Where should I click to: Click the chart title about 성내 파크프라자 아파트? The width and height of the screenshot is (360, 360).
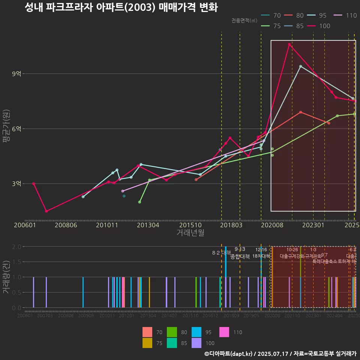coord(121,7)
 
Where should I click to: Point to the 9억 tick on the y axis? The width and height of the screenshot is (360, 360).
coord(16,74)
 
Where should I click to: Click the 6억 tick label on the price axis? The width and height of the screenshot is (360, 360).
coord(16,129)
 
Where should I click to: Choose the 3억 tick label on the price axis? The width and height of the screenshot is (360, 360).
coord(16,183)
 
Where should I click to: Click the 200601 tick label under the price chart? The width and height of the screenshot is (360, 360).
coord(25,225)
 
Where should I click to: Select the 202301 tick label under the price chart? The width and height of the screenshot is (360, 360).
coord(313,225)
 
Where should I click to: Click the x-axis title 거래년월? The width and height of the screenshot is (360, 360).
coord(190,233)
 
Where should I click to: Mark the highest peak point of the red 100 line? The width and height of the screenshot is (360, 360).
coord(289,44)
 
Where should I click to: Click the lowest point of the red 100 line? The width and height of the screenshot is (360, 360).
coord(46,211)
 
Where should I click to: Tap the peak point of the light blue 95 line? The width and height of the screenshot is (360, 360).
coord(300,66)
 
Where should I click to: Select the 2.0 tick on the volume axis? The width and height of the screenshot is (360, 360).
coord(16,247)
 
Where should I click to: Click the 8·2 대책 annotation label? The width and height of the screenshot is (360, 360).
coord(221,253)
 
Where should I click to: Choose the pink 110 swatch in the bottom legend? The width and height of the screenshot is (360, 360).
coord(224,332)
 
